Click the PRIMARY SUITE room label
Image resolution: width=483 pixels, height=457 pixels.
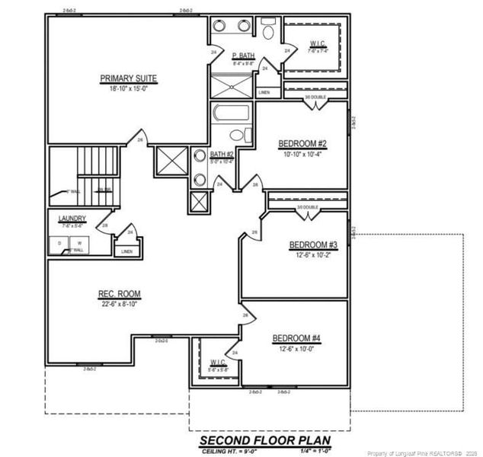click(x=128, y=78)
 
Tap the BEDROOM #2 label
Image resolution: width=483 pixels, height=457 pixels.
click(x=302, y=143)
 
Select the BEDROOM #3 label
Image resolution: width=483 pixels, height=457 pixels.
click(x=312, y=244)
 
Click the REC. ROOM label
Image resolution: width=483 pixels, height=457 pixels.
click(x=119, y=294)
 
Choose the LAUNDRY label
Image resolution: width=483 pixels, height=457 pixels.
click(x=72, y=219)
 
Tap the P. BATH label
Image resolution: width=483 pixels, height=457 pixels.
click(x=243, y=56)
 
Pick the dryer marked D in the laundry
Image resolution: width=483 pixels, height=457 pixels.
click(x=60, y=244)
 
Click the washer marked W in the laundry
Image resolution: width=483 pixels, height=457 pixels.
click(x=78, y=244)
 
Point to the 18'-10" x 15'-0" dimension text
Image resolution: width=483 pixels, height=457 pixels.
click(x=128, y=88)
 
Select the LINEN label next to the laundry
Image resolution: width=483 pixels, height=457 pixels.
click(x=126, y=250)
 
